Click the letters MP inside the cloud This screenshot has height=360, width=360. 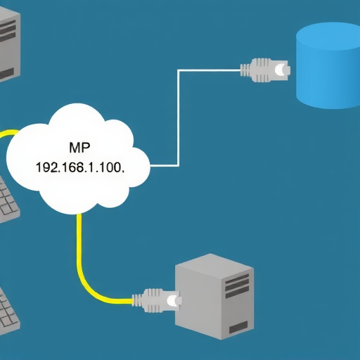click(x=79, y=149)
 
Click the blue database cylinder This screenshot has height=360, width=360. click(x=328, y=67)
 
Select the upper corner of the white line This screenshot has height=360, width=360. click(x=180, y=70)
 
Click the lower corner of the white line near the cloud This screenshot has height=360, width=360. click(x=180, y=166)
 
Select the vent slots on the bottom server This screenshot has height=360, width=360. click(x=238, y=284)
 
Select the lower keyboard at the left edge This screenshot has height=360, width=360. click(x=8, y=309)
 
